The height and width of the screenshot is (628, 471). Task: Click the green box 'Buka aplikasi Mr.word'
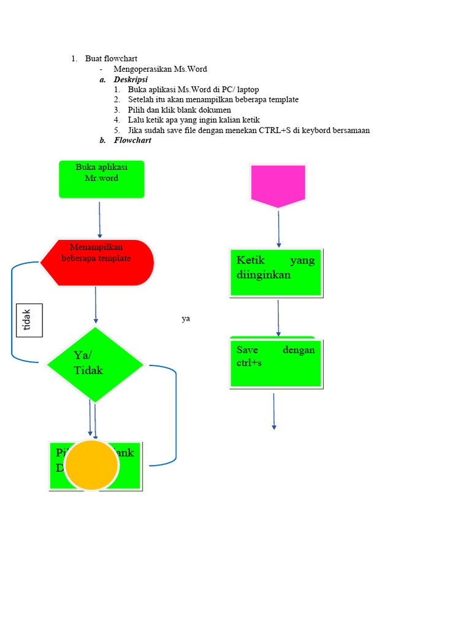point(101,179)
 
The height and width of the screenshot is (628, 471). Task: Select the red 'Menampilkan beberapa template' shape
point(97,262)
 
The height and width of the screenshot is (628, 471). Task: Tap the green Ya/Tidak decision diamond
point(95,365)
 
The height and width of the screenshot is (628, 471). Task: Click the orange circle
point(91,465)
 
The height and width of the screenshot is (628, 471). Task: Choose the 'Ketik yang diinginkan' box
point(276,272)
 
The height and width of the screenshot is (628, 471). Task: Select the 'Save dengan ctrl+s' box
point(276,362)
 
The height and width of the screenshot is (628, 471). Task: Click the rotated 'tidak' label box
point(29,320)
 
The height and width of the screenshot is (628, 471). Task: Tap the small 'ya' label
point(186,319)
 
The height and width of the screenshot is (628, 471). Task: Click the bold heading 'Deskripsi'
point(130,80)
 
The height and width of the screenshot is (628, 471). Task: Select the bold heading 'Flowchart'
point(132,140)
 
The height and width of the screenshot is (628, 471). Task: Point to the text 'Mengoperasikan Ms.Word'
point(160,69)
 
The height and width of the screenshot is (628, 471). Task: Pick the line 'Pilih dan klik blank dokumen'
point(180,110)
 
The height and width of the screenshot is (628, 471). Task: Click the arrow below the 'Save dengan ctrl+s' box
point(274,411)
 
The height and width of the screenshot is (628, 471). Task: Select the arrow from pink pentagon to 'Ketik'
point(278,228)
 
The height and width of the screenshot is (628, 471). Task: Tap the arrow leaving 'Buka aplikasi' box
point(99,219)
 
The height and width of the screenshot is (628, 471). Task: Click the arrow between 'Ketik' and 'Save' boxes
point(278,318)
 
